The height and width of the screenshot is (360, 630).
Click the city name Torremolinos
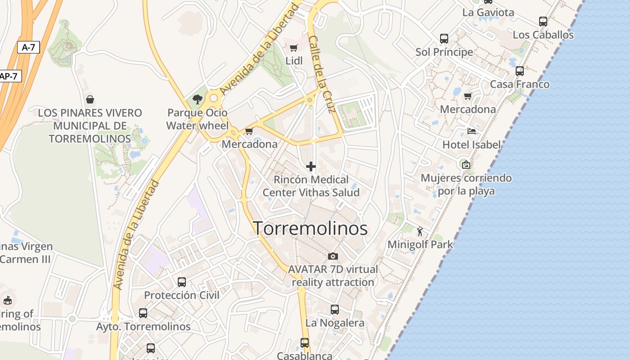(310, 229)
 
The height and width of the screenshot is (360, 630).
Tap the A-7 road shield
(28, 47)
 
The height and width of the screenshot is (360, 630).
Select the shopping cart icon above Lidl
(293, 48)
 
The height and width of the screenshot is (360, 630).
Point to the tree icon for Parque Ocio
(197, 99)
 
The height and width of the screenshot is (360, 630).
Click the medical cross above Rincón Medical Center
(310, 167)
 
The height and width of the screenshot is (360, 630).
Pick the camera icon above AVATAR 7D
(333, 256)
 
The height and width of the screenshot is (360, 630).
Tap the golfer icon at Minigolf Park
(420, 231)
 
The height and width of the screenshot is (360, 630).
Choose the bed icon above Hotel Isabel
(471, 131)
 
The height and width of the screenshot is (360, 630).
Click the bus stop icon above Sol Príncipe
(444, 39)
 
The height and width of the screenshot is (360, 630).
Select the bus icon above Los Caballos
(543, 22)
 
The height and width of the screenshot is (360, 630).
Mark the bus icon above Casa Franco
(520, 71)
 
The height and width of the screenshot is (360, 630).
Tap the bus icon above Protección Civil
(182, 282)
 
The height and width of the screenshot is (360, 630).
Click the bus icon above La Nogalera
(335, 310)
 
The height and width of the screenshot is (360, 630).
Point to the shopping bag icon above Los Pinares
(90, 99)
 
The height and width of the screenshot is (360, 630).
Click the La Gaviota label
(488, 13)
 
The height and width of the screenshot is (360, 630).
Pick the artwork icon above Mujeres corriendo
(466, 165)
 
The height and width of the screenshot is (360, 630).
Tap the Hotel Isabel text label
(471, 144)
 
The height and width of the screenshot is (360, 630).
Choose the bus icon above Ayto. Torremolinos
(143, 313)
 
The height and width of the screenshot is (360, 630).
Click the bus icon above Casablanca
(305, 343)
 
